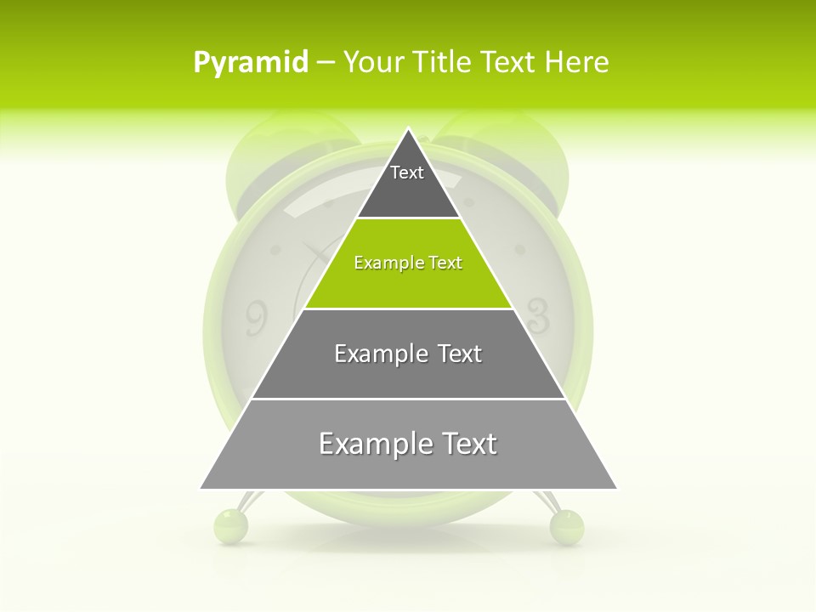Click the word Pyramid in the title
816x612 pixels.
(x=251, y=63)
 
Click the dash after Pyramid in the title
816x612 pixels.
(x=325, y=63)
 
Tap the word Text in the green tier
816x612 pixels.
(x=445, y=263)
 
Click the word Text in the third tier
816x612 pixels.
(x=460, y=354)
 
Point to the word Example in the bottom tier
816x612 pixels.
(x=372, y=444)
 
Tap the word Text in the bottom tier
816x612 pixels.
(x=467, y=444)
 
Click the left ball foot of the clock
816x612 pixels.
(x=230, y=525)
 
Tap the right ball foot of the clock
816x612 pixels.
(x=567, y=527)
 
